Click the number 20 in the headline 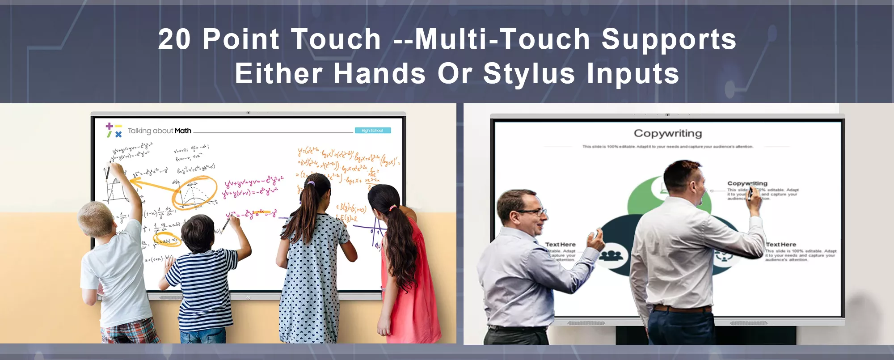click(x=174, y=39)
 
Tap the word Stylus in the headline click(x=529, y=74)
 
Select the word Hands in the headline click(x=380, y=74)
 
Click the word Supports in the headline click(x=669, y=39)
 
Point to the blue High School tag click(x=372, y=131)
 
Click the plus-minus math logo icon click(x=114, y=130)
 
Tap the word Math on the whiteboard click(x=183, y=131)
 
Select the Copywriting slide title click(x=668, y=133)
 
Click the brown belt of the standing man click(x=682, y=309)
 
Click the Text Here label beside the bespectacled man click(x=561, y=245)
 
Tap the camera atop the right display click(x=667, y=115)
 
